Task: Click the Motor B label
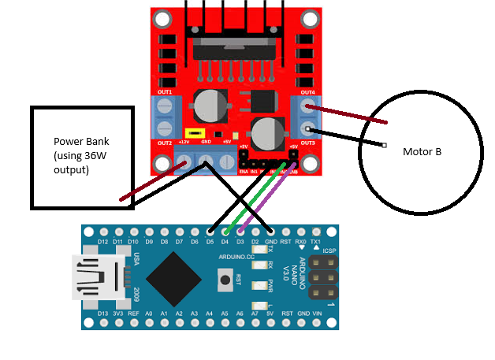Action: pos(422,151)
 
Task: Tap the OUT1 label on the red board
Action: pos(165,92)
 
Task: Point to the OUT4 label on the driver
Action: pos(307,92)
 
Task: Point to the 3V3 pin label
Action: pos(118,314)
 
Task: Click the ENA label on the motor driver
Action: pos(244,171)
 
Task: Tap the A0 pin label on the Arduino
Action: pos(149,314)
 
